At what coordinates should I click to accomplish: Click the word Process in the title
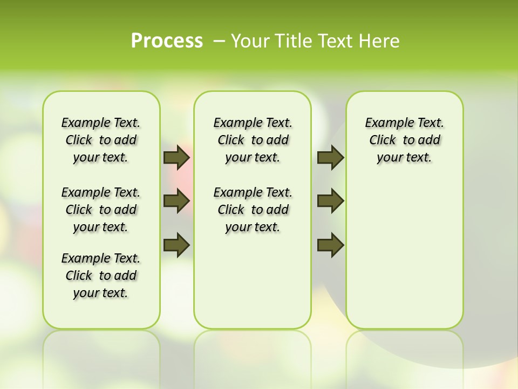click(x=167, y=41)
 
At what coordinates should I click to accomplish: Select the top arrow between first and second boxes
click(x=176, y=158)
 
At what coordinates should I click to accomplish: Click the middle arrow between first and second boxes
click(x=176, y=202)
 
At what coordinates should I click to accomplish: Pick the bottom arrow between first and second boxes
click(x=176, y=245)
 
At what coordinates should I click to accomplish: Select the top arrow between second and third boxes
click(x=330, y=158)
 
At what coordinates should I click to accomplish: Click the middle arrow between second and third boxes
click(x=330, y=202)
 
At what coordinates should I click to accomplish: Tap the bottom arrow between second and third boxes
click(x=330, y=245)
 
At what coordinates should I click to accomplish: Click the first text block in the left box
click(x=101, y=140)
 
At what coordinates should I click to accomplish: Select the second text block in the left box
click(x=101, y=210)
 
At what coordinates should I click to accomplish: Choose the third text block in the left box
click(x=101, y=276)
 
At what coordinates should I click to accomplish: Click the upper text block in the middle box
click(x=253, y=140)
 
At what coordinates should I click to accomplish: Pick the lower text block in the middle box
click(x=253, y=210)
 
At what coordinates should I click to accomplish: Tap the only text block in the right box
click(x=404, y=140)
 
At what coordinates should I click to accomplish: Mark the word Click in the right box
click(x=383, y=140)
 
